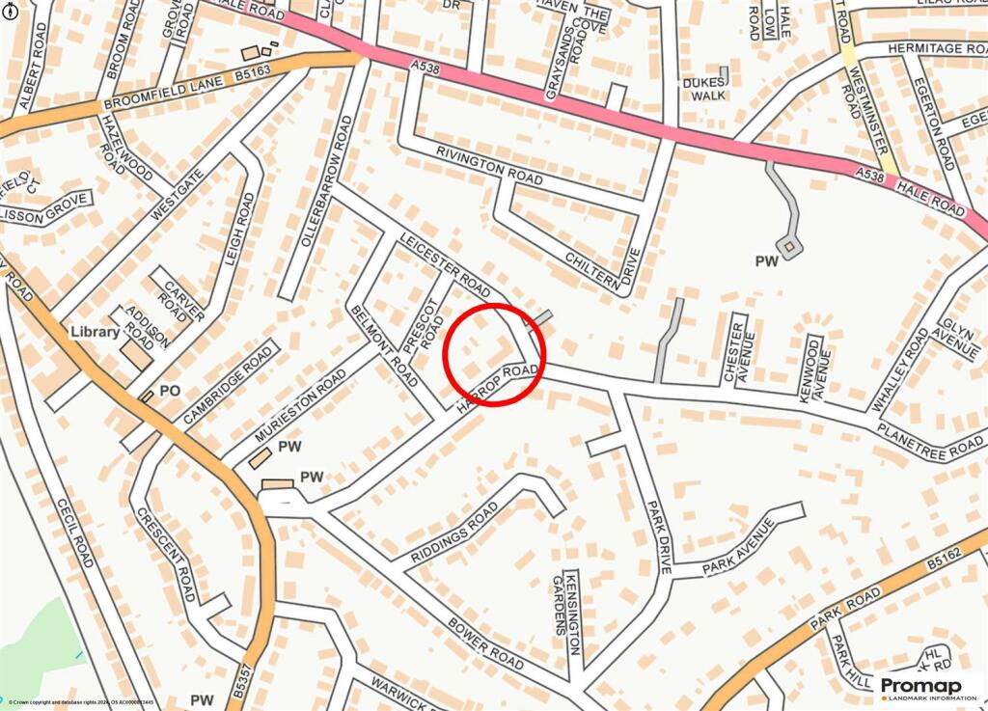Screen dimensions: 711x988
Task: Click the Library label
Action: [x=95, y=332]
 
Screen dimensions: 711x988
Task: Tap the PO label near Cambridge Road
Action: [x=170, y=391]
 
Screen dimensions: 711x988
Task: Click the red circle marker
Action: [x=494, y=355]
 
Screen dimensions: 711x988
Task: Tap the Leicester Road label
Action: [x=445, y=263]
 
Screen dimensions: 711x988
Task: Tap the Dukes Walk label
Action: [x=703, y=89]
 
